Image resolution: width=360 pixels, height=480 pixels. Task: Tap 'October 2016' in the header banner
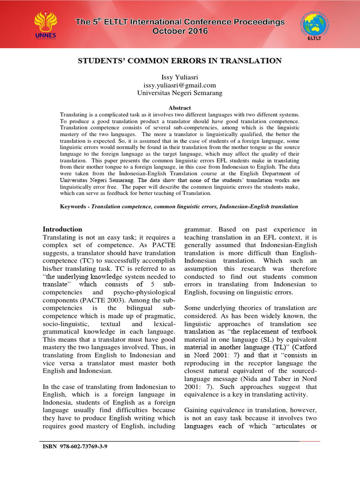[x=180, y=31]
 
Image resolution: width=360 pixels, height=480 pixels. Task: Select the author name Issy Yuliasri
[x=180, y=77]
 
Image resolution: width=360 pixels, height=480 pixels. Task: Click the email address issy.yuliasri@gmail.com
[x=180, y=85]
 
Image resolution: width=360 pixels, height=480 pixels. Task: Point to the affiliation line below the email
[x=180, y=93]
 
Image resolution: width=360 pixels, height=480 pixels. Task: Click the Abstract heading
[x=180, y=107]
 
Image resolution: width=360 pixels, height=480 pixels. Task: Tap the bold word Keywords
[x=74, y=207]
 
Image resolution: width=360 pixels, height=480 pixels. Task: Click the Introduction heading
[x=62, y=229]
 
